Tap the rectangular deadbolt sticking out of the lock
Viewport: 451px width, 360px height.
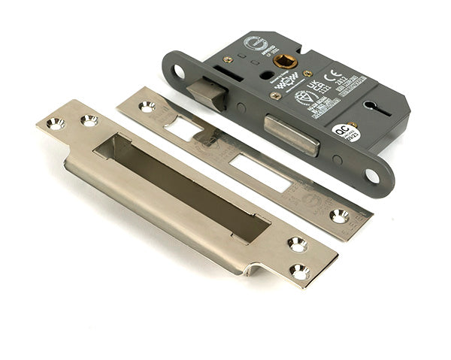point(289,135)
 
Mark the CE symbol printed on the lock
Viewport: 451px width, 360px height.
point(338,77)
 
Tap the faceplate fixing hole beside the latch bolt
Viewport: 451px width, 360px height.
point(179,72)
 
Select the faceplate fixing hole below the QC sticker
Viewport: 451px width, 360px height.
point(371,175)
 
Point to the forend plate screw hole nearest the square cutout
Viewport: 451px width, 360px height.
point(147,106)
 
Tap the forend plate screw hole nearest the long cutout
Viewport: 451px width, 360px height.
point(339,216)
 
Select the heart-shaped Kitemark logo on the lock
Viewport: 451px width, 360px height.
point(304,98)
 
